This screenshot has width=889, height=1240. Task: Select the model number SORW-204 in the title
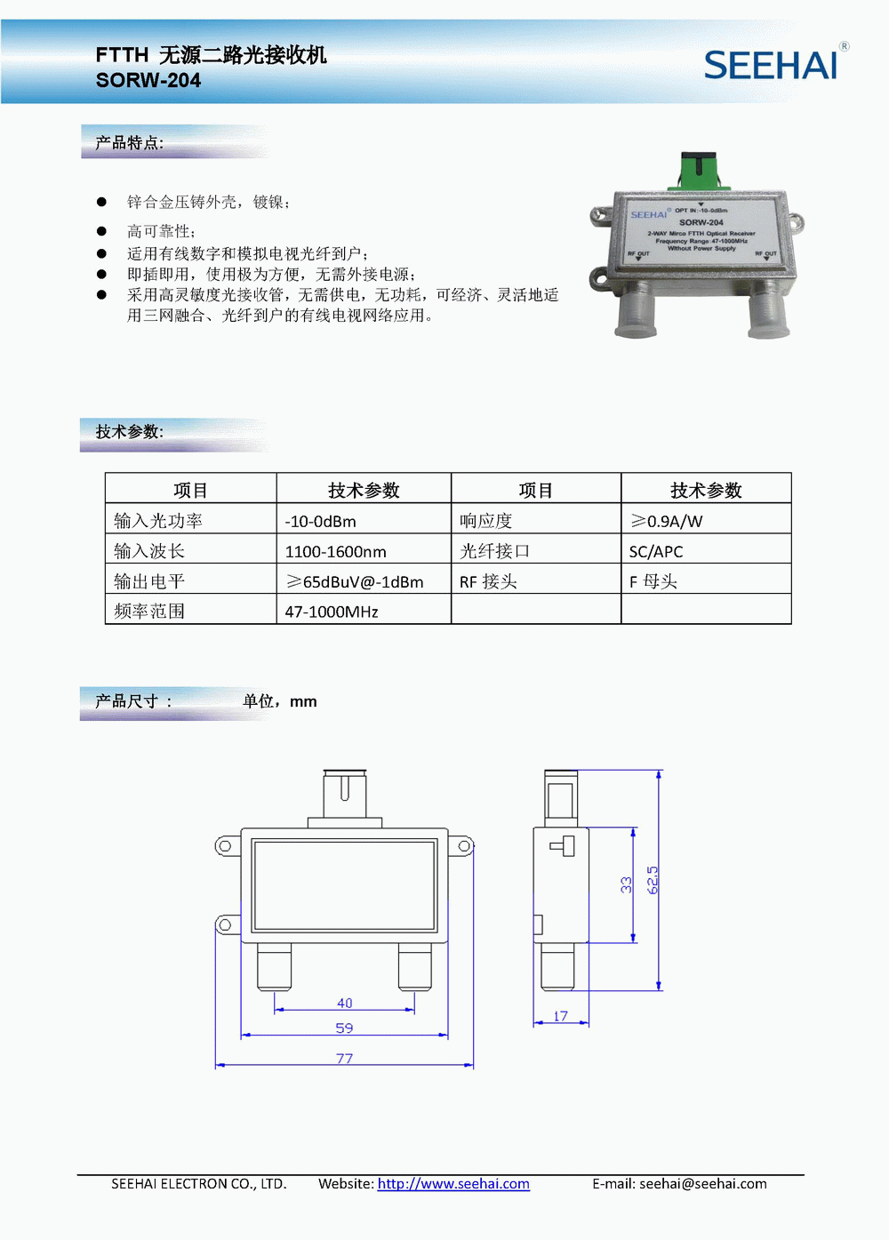[x=148, y=80]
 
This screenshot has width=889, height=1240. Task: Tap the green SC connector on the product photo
[x=699, y=171]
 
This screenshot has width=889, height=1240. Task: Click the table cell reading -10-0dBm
[x=364, y=520]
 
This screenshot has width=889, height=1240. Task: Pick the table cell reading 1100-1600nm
[x=364, y=551]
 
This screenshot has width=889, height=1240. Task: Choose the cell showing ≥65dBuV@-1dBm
[x=364, y=581]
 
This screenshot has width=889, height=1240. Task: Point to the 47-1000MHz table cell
[x=364, y=612]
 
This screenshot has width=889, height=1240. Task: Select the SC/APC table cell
[x=707, y=551]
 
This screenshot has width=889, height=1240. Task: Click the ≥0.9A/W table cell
[x=707, y=520]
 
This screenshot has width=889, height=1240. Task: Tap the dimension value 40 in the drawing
[x=344, y=1003]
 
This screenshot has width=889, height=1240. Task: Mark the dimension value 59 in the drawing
[x=344, y=1028]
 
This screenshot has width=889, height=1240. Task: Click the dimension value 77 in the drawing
[x=344, y=1058]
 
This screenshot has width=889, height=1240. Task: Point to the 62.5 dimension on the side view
[x=653, y=880]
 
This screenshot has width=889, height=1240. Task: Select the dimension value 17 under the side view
[x=560, y=1016]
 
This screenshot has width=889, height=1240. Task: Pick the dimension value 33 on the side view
[x=626, y=884]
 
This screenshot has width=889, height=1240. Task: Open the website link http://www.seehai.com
[x=453, y=1183]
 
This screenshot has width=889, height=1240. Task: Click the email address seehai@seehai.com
[x=703, y=1183]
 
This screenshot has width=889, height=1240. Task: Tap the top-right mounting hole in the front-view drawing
[x=464, y=845]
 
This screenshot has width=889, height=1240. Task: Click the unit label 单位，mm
[x=279, y=701]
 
